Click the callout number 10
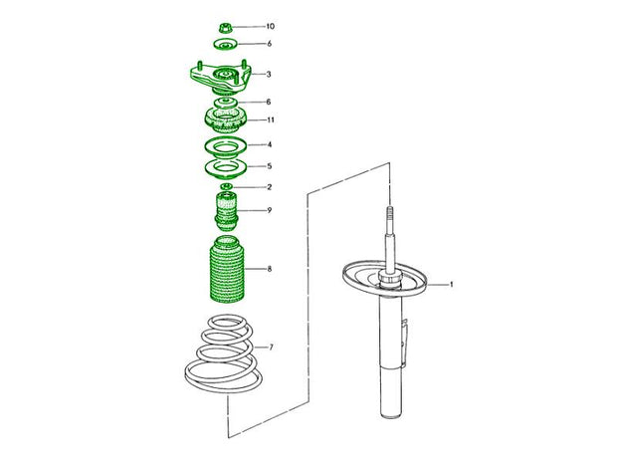tap(271, 26)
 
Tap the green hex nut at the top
tap(225, 28)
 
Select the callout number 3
tap(269, 74)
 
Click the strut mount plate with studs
tap(220, 80)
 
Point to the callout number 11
tap(271, 119)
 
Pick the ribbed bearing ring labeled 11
tap(226, 121)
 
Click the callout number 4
tap(270, 144)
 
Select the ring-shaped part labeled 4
tap(226, 147)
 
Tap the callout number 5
tap(270, 166)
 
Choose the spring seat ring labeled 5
tap(226, 169)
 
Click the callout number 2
tap(270, 187)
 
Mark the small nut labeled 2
tap(226, 186)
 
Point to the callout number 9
tap(270, 210)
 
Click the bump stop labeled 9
tap(226, 212)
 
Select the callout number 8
tap(270, 269)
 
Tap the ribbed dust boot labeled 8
tap(226, 269)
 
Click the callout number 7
tap(271, 347)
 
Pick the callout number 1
tap(452, 284)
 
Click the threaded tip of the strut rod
tap(390, 214)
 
